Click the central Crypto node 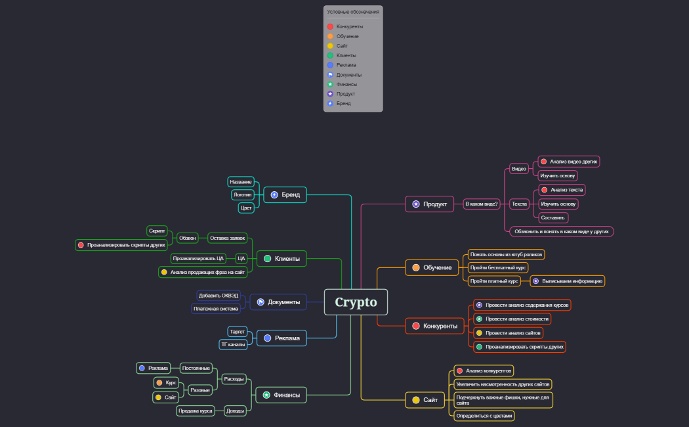pyautogui.click(x=356, y=302)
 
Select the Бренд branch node pyautogui.click(x=285, y=195)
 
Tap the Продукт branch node pyautogui.click(x=429, y=204)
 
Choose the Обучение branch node pyautogui.click(x=432, y=267)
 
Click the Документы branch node pyautogui.click(x=278, y=302)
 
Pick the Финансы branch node pyautogui.click(x=282, y=395)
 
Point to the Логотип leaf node pyautogui.click(x=243, y=195)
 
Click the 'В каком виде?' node pyautogui.click(x=482, y=204)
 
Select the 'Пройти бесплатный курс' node pyautogui.click(x=498, y=267)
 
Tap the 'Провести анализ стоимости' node pyautogui.click(x=512, y=319)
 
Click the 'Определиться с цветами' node pyautogui.click(x=484, y=416)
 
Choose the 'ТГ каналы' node pyautogui.click(x=234, y=344)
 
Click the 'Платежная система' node pyautogui.click(x=216, y=309)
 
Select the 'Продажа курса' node pyautogui.click(x=196, y=411)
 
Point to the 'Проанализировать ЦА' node pyautogui.click(x=198, y=259)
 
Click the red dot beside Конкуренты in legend pyautogui.click(x=330, y=27)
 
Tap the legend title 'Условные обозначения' pyautogui.click(x=353, y=12)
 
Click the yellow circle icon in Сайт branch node pyautogui.click(x=415, y=399)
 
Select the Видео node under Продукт pyautogui.click(x=519, y=169)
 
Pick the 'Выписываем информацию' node pyautogui.click(x=568, y=281)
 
